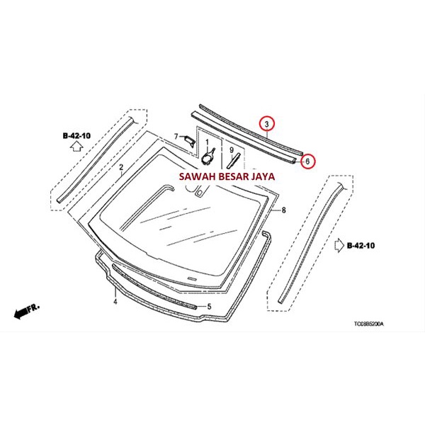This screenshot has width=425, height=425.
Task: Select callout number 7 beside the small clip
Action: [x=176, y=136]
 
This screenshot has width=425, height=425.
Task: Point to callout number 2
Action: [x=121, y=168]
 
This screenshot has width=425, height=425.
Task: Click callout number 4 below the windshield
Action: [x=114, y=301]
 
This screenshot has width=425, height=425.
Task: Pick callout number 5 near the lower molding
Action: [x=209, y=306]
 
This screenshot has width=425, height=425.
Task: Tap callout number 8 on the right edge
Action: [x=283, y=210]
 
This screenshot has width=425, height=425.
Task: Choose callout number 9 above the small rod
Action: [x=231, y=140]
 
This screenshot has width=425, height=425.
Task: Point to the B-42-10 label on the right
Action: [x=362, y=245]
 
